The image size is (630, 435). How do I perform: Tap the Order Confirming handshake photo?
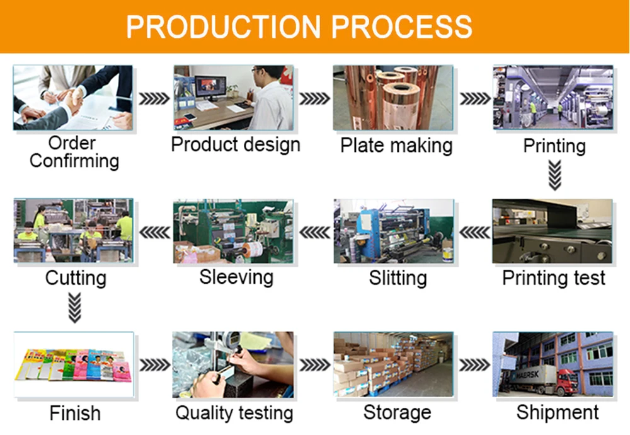[x=73, y=97]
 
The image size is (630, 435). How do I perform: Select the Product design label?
[x=236, y=144]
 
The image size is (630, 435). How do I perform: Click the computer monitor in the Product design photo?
[x=209, y=87]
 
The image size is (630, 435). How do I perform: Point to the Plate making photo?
[x=393, y=97]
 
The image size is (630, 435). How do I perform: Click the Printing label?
[x=554, y=146]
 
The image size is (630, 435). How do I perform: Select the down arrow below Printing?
[x=554, y=175]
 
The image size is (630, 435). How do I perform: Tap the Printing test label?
[x=554, y=278]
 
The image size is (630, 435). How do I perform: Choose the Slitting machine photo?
[x=393, y=231]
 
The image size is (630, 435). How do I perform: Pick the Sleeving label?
[x=236, y=277]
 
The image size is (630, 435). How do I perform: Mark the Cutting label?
[x=76, y=278]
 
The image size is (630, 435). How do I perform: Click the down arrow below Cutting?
[x=75, y=309]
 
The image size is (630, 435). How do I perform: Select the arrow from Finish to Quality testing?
[x=154, y=365]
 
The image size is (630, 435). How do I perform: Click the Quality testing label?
[x=234, y=414]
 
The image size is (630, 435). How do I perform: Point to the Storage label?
[x=397, y=413]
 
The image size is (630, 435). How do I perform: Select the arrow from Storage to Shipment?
[x=474, y=365]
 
